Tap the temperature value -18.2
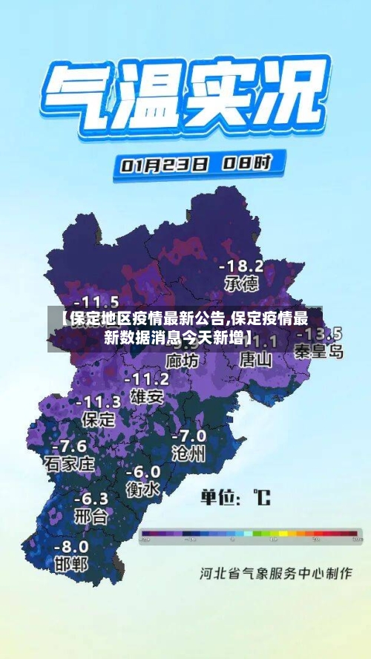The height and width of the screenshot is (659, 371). click(241, 266)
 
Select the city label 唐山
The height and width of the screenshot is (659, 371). click(256, 360)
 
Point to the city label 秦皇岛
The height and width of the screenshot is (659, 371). click(319, 351)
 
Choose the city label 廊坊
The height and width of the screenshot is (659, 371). click(182, 361)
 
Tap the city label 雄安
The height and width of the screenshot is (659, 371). click(146, 396)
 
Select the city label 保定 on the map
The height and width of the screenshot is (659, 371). click(97, 419)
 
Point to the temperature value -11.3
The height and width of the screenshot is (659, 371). click(97, 402)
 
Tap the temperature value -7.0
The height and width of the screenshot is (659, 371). click(188, 436)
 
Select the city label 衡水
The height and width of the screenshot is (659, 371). click(142, 489)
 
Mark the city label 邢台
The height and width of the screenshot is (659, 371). click(91, 516)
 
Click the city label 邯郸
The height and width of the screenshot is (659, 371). click(71, 564)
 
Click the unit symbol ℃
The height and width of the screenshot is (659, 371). click(262, 496)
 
